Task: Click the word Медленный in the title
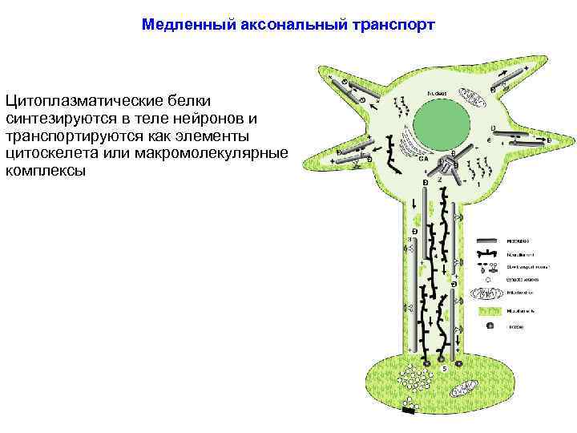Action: pos(188,25)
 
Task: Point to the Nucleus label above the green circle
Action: pos(438,94)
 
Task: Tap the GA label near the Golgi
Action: pos(422,158)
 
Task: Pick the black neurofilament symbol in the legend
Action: pos(490,253)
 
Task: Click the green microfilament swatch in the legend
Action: pos(490,310)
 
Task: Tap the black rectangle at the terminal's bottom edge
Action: pos(410,411)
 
